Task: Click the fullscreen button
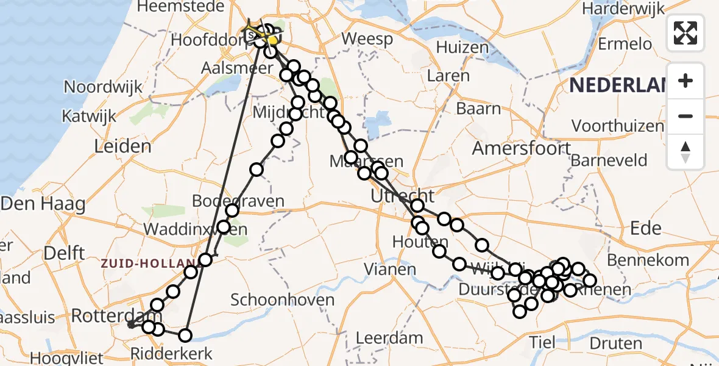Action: [685, 33]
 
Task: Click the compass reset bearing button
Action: [685, 151]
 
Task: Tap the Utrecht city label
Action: [403, 196]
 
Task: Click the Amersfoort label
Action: [522, 148]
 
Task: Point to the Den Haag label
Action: [43, 204]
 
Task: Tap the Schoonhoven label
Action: [282, 300]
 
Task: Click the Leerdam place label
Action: [389, 337]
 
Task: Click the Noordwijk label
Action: [103, 87]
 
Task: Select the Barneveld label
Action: [609, 161]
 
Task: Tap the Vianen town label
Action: [391, 268]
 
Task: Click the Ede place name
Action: [645, 228]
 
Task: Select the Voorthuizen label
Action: [618, 126]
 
